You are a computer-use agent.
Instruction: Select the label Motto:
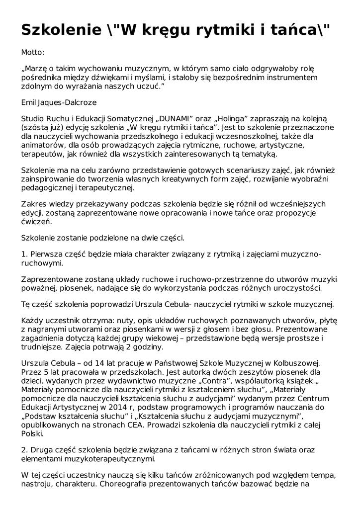coord(33,52)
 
